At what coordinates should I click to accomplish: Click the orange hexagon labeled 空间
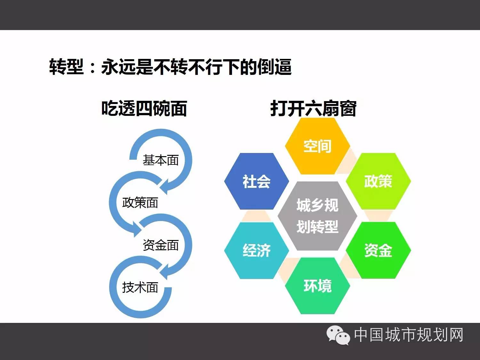point(317,146)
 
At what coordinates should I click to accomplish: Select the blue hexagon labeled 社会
point(257,181)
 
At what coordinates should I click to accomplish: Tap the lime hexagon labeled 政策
point(378,181)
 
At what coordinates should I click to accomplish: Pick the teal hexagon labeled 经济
point(257,251)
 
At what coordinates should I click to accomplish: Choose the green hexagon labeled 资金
point(378,250)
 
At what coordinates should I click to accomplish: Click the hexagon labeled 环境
point(317,286)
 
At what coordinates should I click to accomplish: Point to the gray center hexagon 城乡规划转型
point(317,216)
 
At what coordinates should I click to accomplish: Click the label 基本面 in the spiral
point(161,160)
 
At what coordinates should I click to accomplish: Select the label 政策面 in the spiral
point(140,202)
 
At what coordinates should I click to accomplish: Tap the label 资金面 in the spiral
point(161,245)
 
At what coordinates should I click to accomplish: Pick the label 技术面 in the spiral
point(140,287)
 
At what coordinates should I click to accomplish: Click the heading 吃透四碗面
point(144,108)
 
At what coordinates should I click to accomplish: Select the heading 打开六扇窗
point(313,108)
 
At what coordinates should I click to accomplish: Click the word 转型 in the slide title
point(67,67)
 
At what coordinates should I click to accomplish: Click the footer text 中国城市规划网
point(409,335)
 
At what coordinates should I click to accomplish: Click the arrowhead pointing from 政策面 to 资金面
point(137,228)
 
